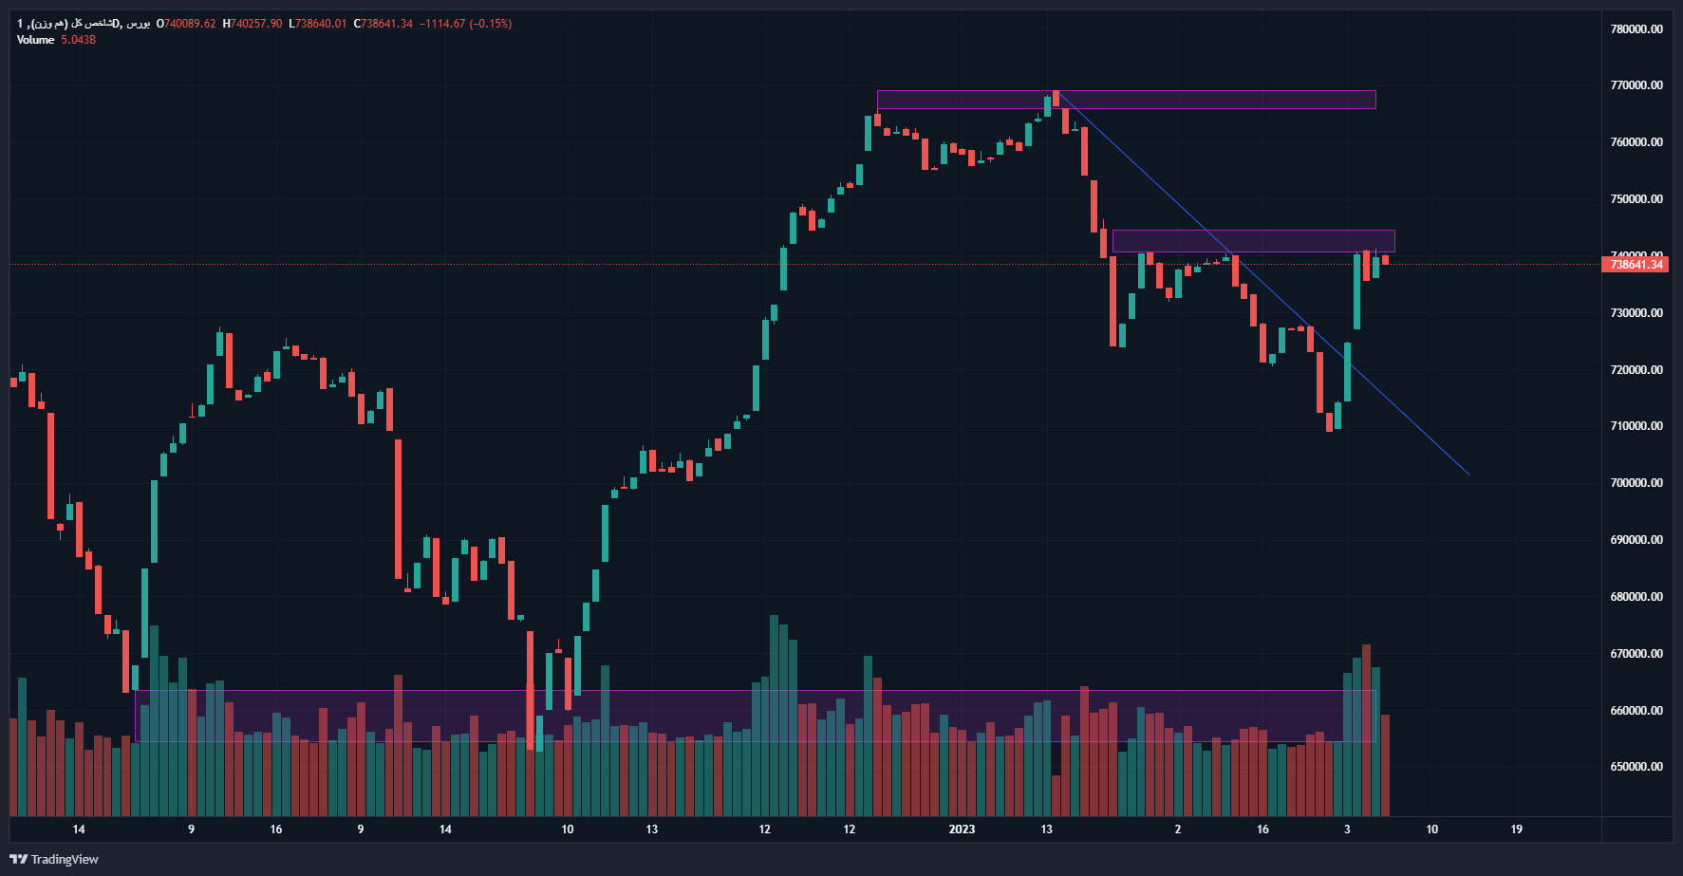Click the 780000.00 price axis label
(x=1636, y=29)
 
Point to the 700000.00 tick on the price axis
(x=1636, y=483)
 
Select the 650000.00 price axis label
(x=1636, y=767)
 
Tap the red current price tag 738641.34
(x=1636, y=265)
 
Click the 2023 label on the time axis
(x=962, y=829)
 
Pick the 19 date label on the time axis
(x=1516, y=829)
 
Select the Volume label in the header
(x=35, y=40)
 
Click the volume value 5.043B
(x=79, y=40)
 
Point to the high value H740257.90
(x=252, y=24)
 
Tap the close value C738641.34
(x=383, y=24)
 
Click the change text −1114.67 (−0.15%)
(x=466, y=24)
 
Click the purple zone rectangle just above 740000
(x=1253, y=241)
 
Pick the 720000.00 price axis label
(x=1636, y=370)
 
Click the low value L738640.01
(x=318, y=24)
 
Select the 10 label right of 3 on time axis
(x=1431, y=829)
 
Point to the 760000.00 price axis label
(x=1636, y=142)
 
